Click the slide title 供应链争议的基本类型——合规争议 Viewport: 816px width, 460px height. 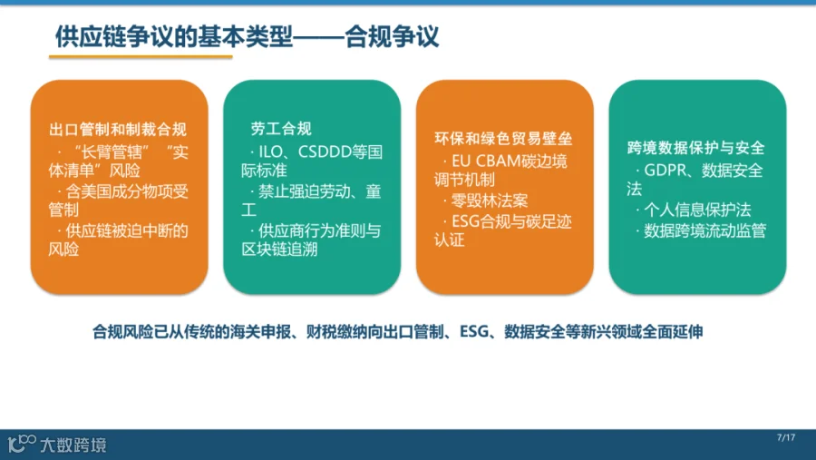point(248,36)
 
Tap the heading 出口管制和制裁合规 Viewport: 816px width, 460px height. point(118,129)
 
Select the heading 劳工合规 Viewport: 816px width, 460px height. point(281,129)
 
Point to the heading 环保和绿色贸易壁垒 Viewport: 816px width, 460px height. point(503,138)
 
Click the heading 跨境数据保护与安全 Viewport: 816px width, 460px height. point(695,148)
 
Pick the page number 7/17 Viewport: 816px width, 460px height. point(786,437)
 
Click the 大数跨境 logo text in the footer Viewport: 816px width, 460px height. point(73,445)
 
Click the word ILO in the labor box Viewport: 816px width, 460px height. point(270,152)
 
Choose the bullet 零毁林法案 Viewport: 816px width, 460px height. point(490,201)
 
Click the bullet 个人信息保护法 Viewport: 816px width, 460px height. point(697,210)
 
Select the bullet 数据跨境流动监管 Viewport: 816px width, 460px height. point(705,230)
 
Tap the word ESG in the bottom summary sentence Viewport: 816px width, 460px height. point(474,331)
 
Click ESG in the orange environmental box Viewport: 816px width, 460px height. point(465,222)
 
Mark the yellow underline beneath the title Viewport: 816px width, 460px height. point(141,57)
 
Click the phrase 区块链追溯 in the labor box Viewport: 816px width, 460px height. point(279,249)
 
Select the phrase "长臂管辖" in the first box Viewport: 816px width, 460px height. point(112,152)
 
